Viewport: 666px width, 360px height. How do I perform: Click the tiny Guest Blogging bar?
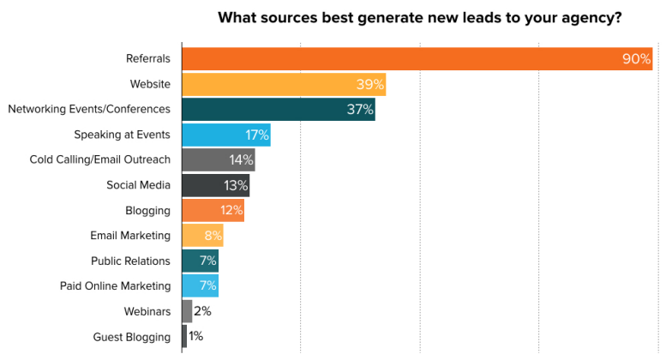[x=184, y=337]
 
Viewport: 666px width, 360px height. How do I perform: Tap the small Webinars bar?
[x=187, y=311]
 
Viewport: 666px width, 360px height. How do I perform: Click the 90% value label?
[x=637, y=59]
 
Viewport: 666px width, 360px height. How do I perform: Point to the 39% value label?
[x=369, y=84]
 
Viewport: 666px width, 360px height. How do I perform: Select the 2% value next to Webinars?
[x=203, y=311]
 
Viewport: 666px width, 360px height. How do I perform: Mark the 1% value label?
[x=195, y=337]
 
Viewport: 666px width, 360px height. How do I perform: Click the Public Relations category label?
[x=130, y=261]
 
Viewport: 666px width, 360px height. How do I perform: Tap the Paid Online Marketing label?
[x=115, y=286]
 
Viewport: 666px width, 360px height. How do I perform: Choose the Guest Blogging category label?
[x=131, y=337]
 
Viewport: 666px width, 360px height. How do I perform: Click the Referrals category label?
[x=147, y=59]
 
